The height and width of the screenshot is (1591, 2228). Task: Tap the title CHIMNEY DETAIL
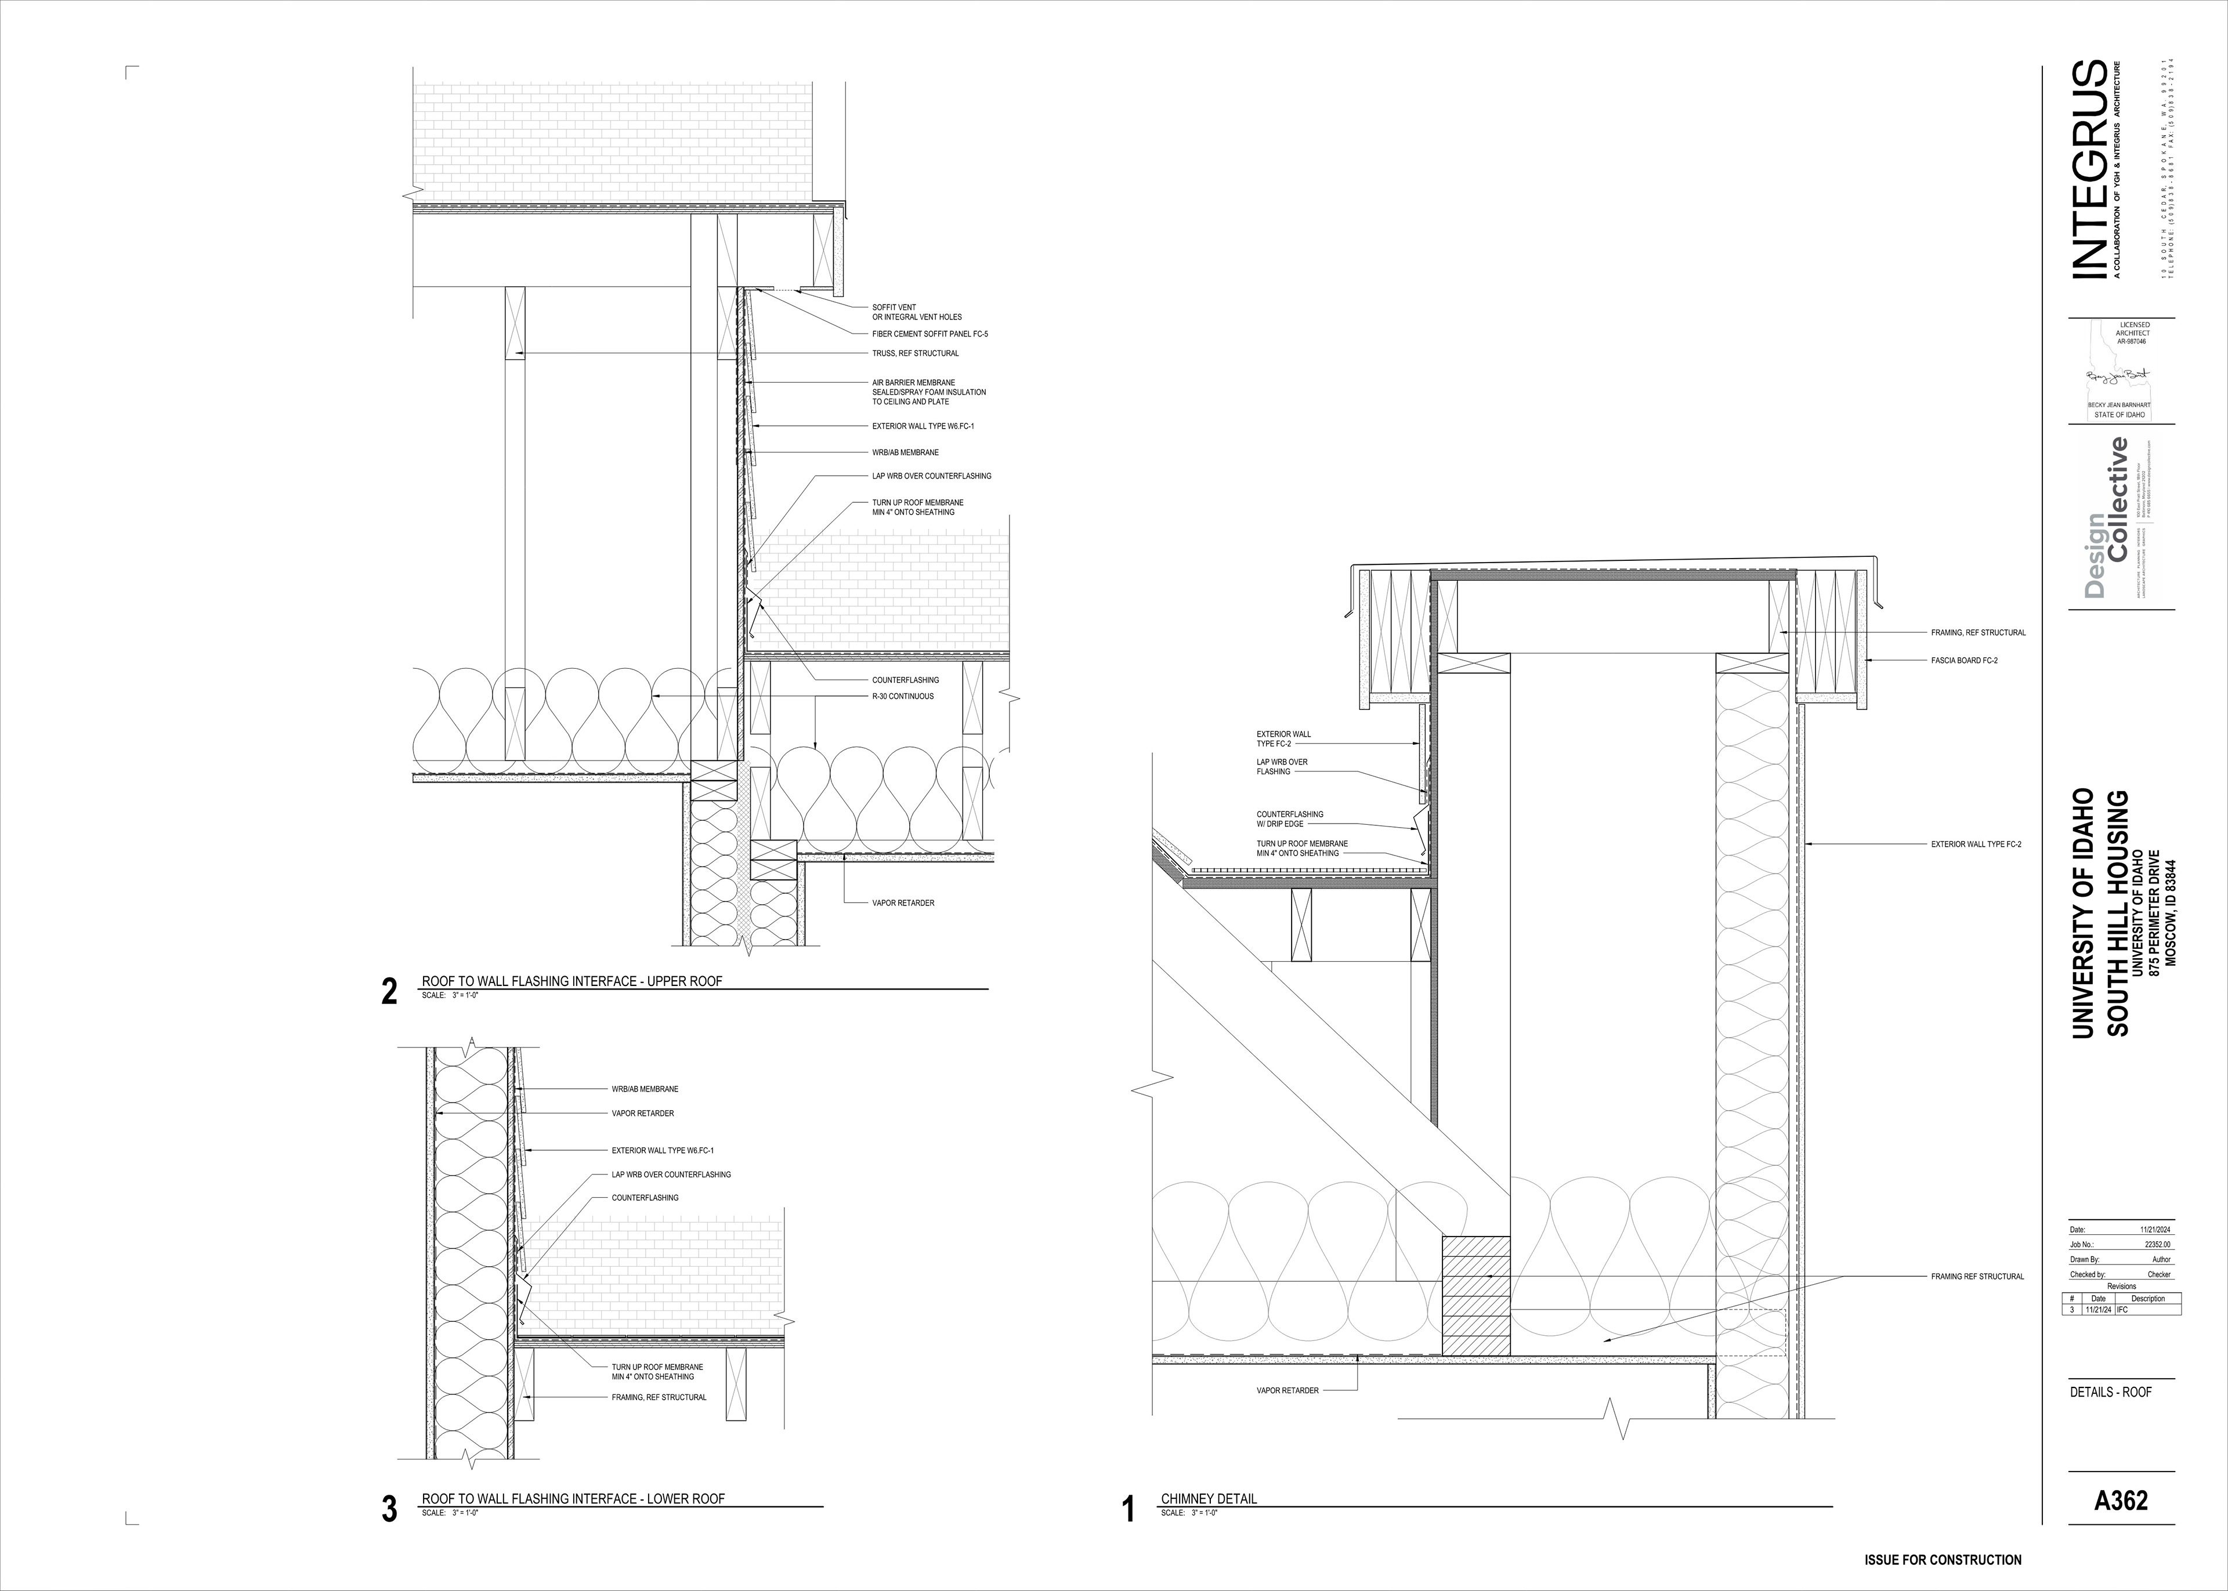coord(1208,1525)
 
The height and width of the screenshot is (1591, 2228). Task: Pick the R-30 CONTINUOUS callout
coord(902,697)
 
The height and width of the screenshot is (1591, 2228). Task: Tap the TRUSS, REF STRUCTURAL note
coord(915,353)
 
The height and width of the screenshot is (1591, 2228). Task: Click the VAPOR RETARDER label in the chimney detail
coord(1287,1390)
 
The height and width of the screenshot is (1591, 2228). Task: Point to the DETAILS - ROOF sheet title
coord(2110,1391)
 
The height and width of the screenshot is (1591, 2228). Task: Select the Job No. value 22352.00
coord(2157,1244)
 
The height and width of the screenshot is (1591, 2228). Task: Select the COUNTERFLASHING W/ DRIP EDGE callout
coord(1289,819)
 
